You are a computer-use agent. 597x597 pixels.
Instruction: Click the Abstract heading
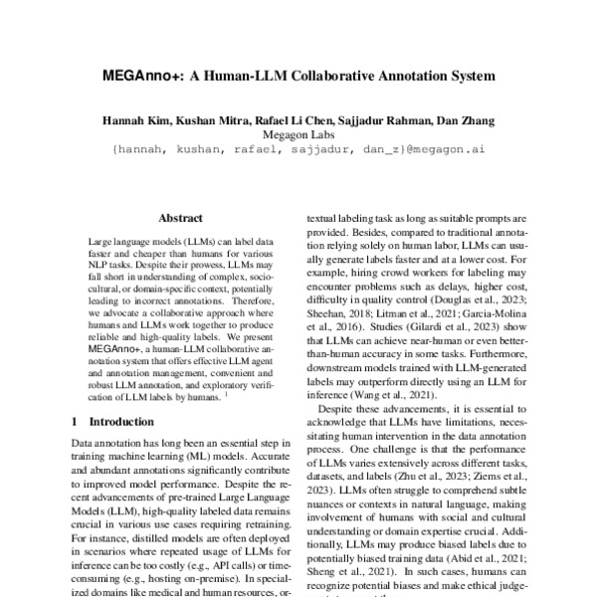[181, 218]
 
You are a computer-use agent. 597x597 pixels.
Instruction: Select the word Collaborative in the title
[341, 74]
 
